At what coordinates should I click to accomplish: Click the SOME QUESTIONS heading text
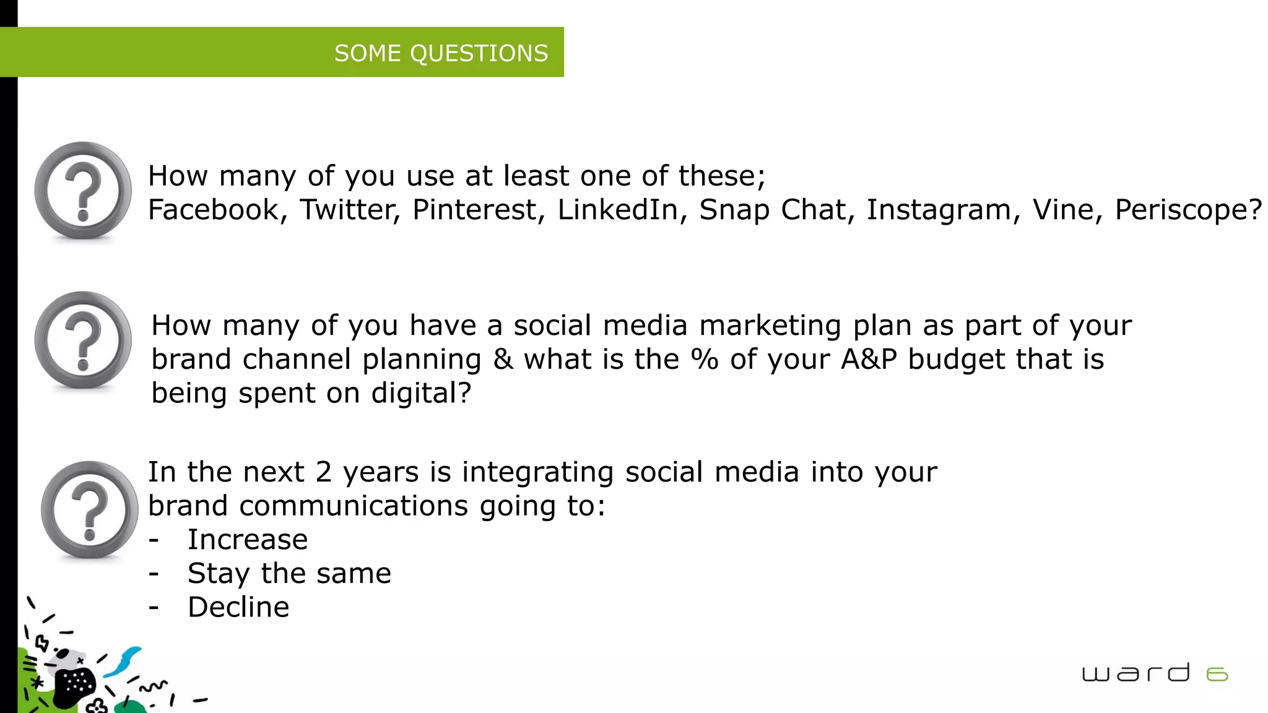pyautogui.click(x=441, y=53)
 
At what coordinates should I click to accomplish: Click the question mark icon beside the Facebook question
pyautogui.click(x=82, y=190)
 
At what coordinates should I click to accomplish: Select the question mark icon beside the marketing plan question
pyautogui.click(x=82, y=340)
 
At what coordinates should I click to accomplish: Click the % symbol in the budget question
pyautogui.click(x=705, y=360)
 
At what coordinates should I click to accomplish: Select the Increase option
pyautogui.click(x=248, y=540)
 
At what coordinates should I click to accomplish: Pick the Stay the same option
pyautogui.click(x=289, y=574)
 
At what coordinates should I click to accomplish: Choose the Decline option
pyautogui.click(x=238, y=607)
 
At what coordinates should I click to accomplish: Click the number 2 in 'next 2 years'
pyautogui.click(x=324, y=472)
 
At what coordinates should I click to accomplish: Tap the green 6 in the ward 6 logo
pyautogui.click(x=1217, y=674)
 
